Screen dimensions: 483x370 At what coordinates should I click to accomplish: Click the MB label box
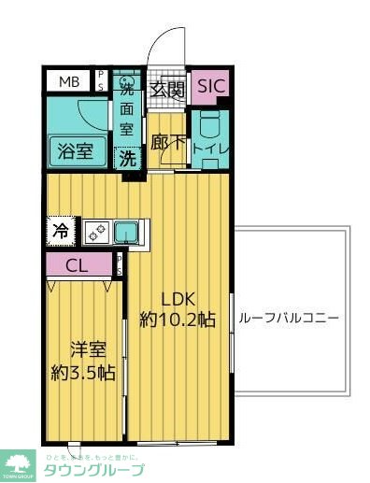[70, 82]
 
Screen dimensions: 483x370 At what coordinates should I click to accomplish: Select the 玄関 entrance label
[170, 91]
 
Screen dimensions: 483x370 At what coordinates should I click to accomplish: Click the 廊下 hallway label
[168, 146]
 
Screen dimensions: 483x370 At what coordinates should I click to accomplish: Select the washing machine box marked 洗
[126, 158]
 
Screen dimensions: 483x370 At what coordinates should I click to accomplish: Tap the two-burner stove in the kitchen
[97, 230]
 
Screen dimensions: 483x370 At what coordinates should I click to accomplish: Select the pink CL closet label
[78, 265]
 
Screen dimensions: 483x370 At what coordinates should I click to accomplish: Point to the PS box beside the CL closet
[119, 265]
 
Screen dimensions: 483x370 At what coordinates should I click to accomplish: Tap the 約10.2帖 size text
[178, 320]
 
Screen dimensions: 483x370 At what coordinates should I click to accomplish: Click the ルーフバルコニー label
[289, 318]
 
